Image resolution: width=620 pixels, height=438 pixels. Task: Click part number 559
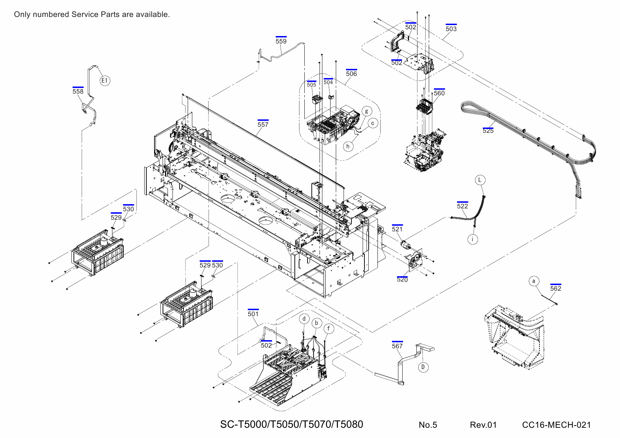click(x=281, y=41)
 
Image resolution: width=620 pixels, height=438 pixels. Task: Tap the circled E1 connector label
click(x=104, y=81)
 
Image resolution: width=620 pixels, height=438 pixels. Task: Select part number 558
click(x=78, y=91)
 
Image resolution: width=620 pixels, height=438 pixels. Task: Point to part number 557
click(x=263, y=125)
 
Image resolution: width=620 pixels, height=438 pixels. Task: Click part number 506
click(x=351, y=74)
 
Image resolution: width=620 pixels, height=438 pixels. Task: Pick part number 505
click(x=311, y=85)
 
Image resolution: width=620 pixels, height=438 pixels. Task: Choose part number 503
click(x=451, y=29)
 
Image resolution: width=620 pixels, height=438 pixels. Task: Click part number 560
click(x=439, y=93)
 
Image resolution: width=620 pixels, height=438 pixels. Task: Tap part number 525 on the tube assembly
click(x=488, y=131)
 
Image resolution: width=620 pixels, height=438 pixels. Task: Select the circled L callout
click(x=480, y=180)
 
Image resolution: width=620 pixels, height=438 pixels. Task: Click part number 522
click(x=462, y=206)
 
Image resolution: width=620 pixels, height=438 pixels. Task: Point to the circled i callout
click(x=473, y=239)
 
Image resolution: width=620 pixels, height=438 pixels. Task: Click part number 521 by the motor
click(x=397, y=229)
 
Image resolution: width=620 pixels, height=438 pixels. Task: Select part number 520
click(x=402, y=280)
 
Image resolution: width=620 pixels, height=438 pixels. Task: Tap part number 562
click(x=555, y=289)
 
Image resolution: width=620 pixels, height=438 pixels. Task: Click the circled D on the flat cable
click(x=423, y=367)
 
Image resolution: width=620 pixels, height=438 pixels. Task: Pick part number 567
click(x=397, y=346)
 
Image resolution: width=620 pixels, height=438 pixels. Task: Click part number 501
click(x=253, y=314)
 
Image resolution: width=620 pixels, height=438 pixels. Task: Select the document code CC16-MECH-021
click(x=556, y=425)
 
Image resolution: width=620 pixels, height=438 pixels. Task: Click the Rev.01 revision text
click(x=483, y=425)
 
